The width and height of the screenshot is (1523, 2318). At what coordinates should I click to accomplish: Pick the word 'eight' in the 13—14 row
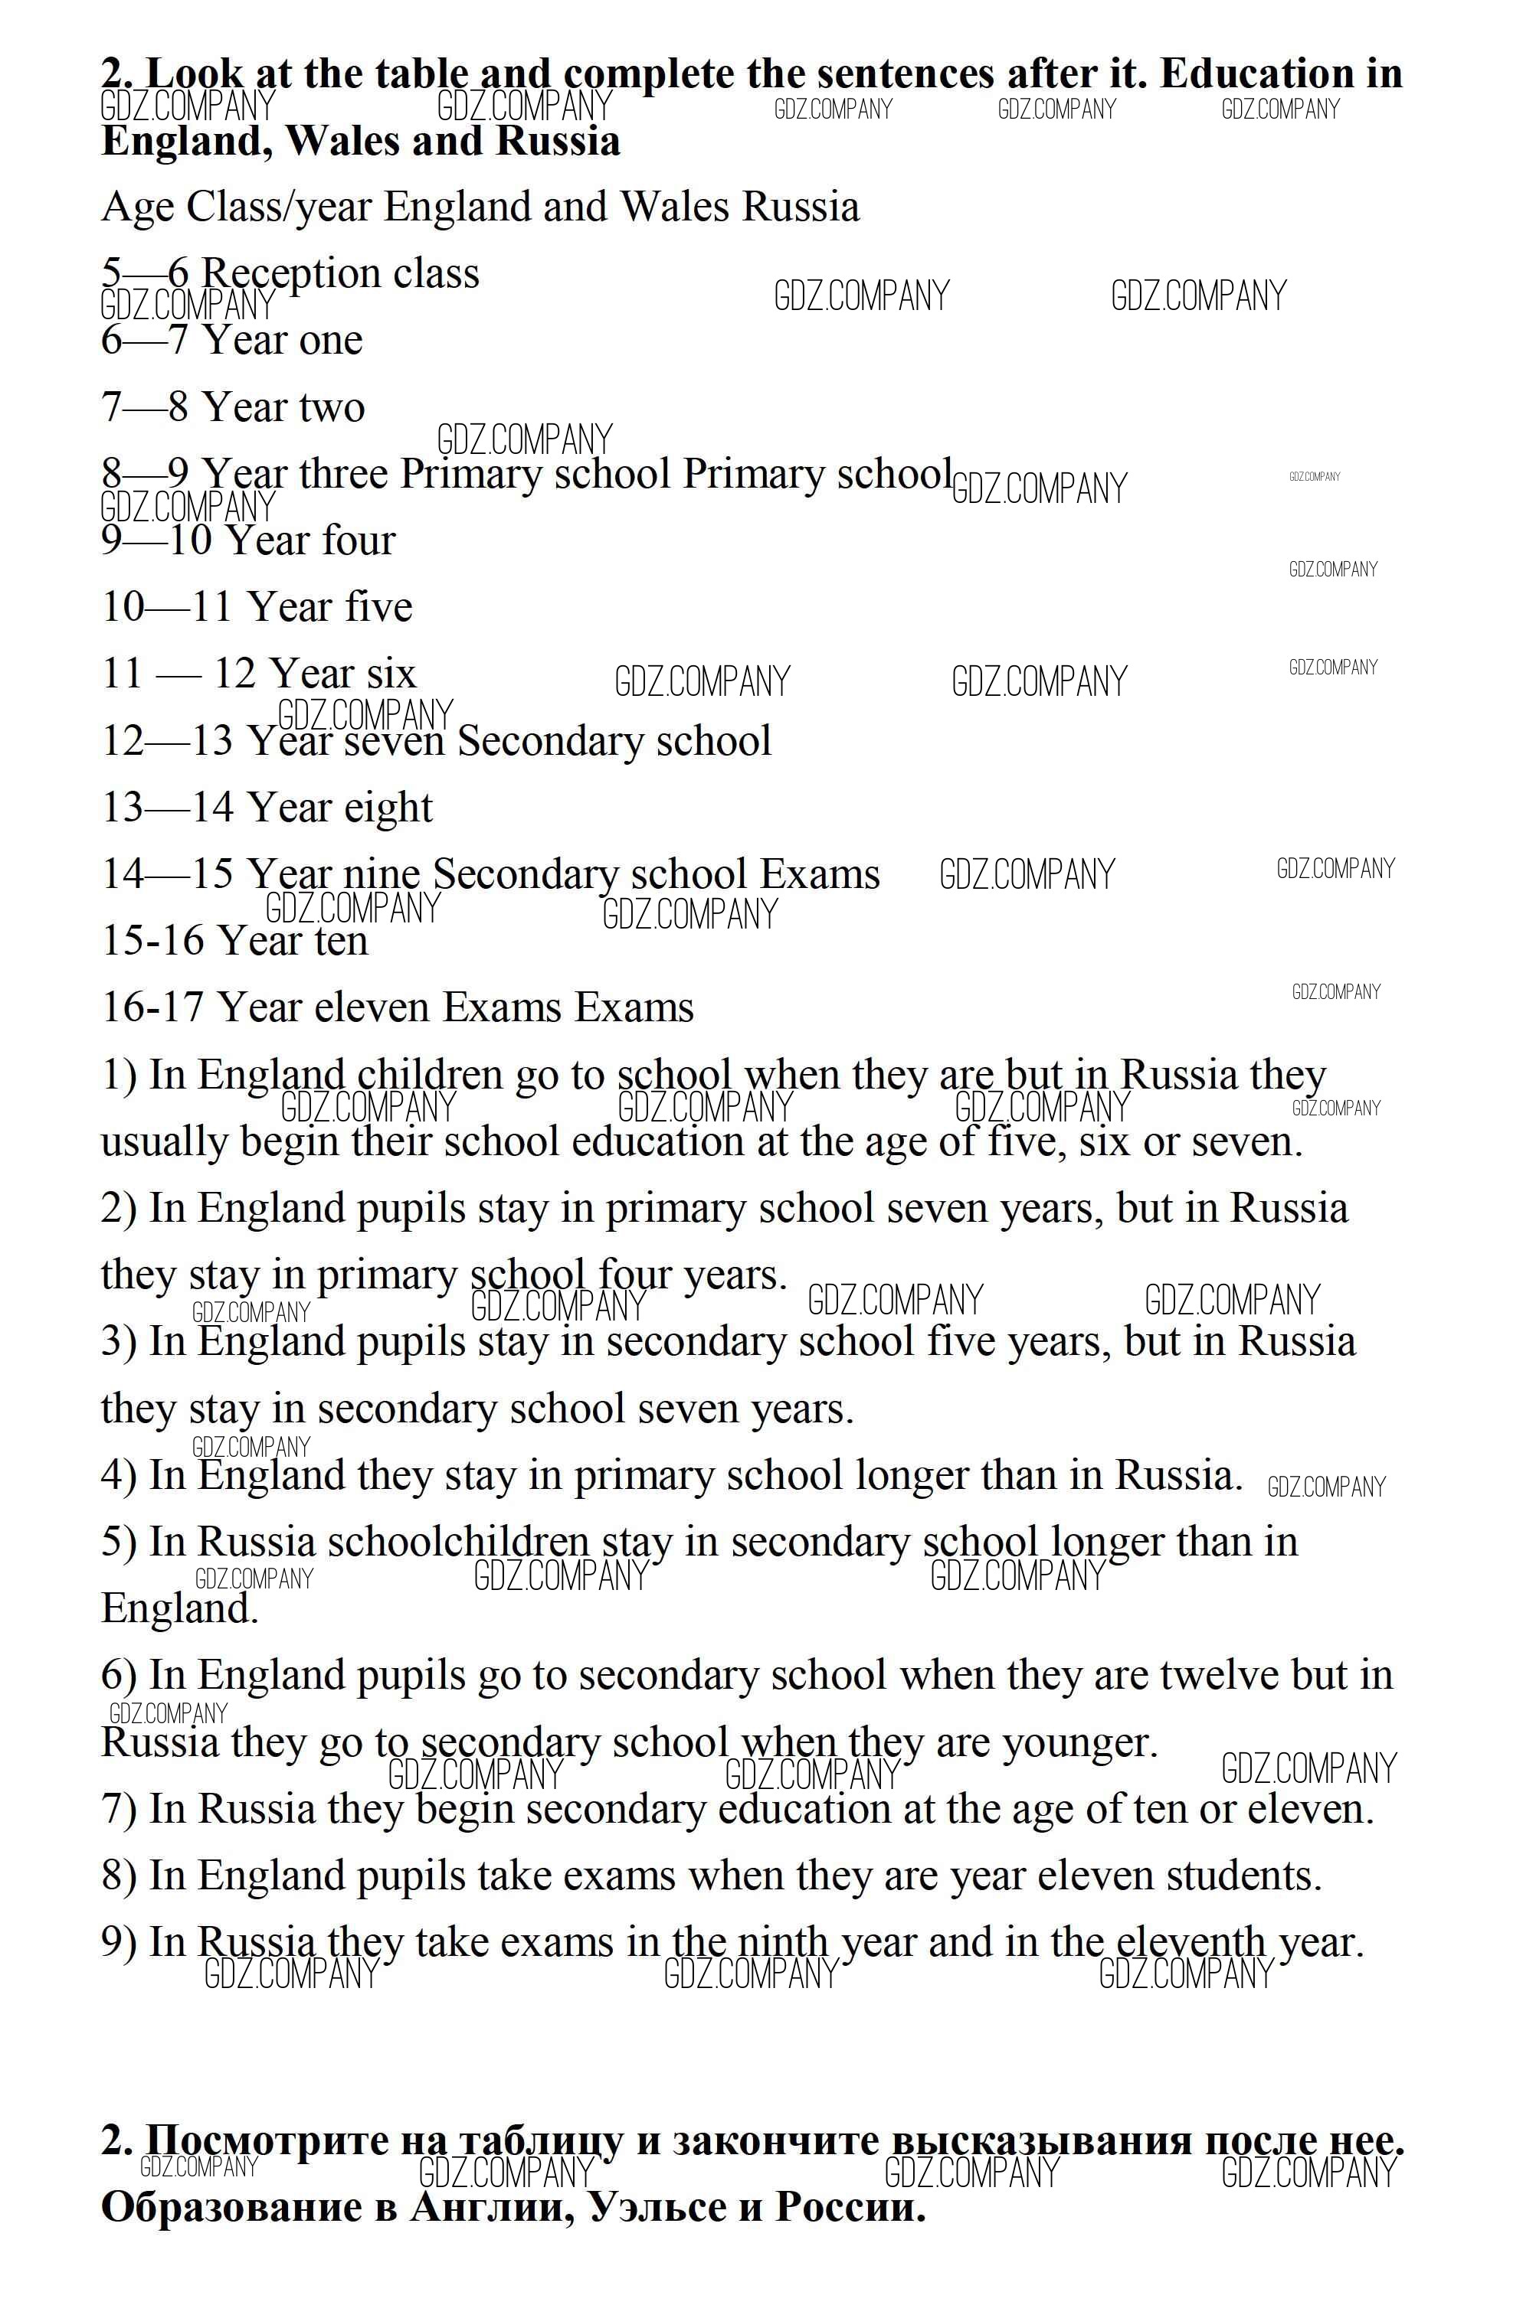click(x=388, y=808)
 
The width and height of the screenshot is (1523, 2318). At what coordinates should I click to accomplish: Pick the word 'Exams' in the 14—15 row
click(x=820, y=874)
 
